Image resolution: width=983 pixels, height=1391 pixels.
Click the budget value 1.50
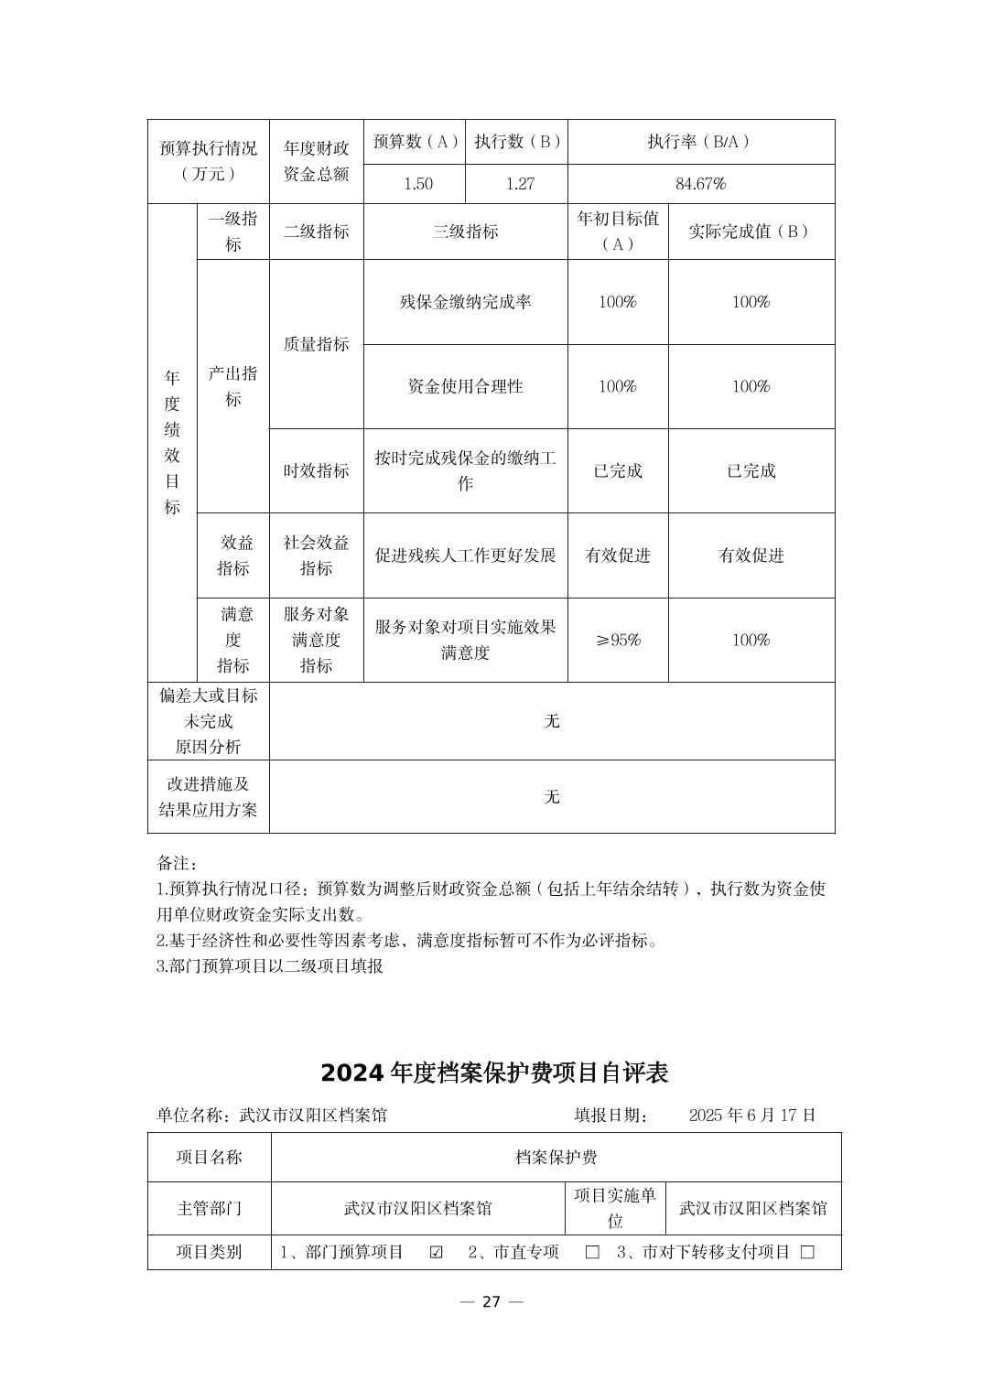[x=418, y=184]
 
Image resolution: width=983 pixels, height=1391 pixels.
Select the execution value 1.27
[x=520, y=184]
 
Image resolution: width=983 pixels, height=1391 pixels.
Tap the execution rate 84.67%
[x=700, y=184]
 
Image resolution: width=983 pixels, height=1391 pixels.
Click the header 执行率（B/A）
[x=700, y=142]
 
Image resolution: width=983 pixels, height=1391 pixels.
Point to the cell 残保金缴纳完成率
[x=465, y=302]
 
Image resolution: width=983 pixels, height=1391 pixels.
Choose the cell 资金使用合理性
[x=465, y=386]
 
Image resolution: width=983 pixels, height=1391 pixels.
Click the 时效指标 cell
[x=316, y=470]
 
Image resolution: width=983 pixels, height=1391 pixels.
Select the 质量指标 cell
[x=316, y=344]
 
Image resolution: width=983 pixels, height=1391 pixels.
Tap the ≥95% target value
[x=618, y=640]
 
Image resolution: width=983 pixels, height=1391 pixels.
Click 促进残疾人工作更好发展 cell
[x=465, y=555]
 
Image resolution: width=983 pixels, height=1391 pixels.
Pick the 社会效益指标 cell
[x=316, y=555]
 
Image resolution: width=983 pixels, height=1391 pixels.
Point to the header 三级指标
[x=465, y=232]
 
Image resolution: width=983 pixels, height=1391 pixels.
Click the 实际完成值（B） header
[x=751, y=232]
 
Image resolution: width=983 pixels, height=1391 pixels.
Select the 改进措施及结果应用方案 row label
[x=209, y=797]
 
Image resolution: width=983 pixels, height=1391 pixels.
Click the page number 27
[x=491, y=1302]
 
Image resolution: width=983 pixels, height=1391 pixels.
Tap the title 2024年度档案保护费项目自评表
[x=494, y=1073]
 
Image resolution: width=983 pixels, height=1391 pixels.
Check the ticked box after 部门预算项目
[x=437, y=1252]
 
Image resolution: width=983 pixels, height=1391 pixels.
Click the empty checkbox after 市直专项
[x=592, y=1252]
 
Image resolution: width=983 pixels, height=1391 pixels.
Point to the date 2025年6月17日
[x=751, y=1115]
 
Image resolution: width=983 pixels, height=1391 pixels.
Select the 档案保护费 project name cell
[x=556, y=1158]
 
